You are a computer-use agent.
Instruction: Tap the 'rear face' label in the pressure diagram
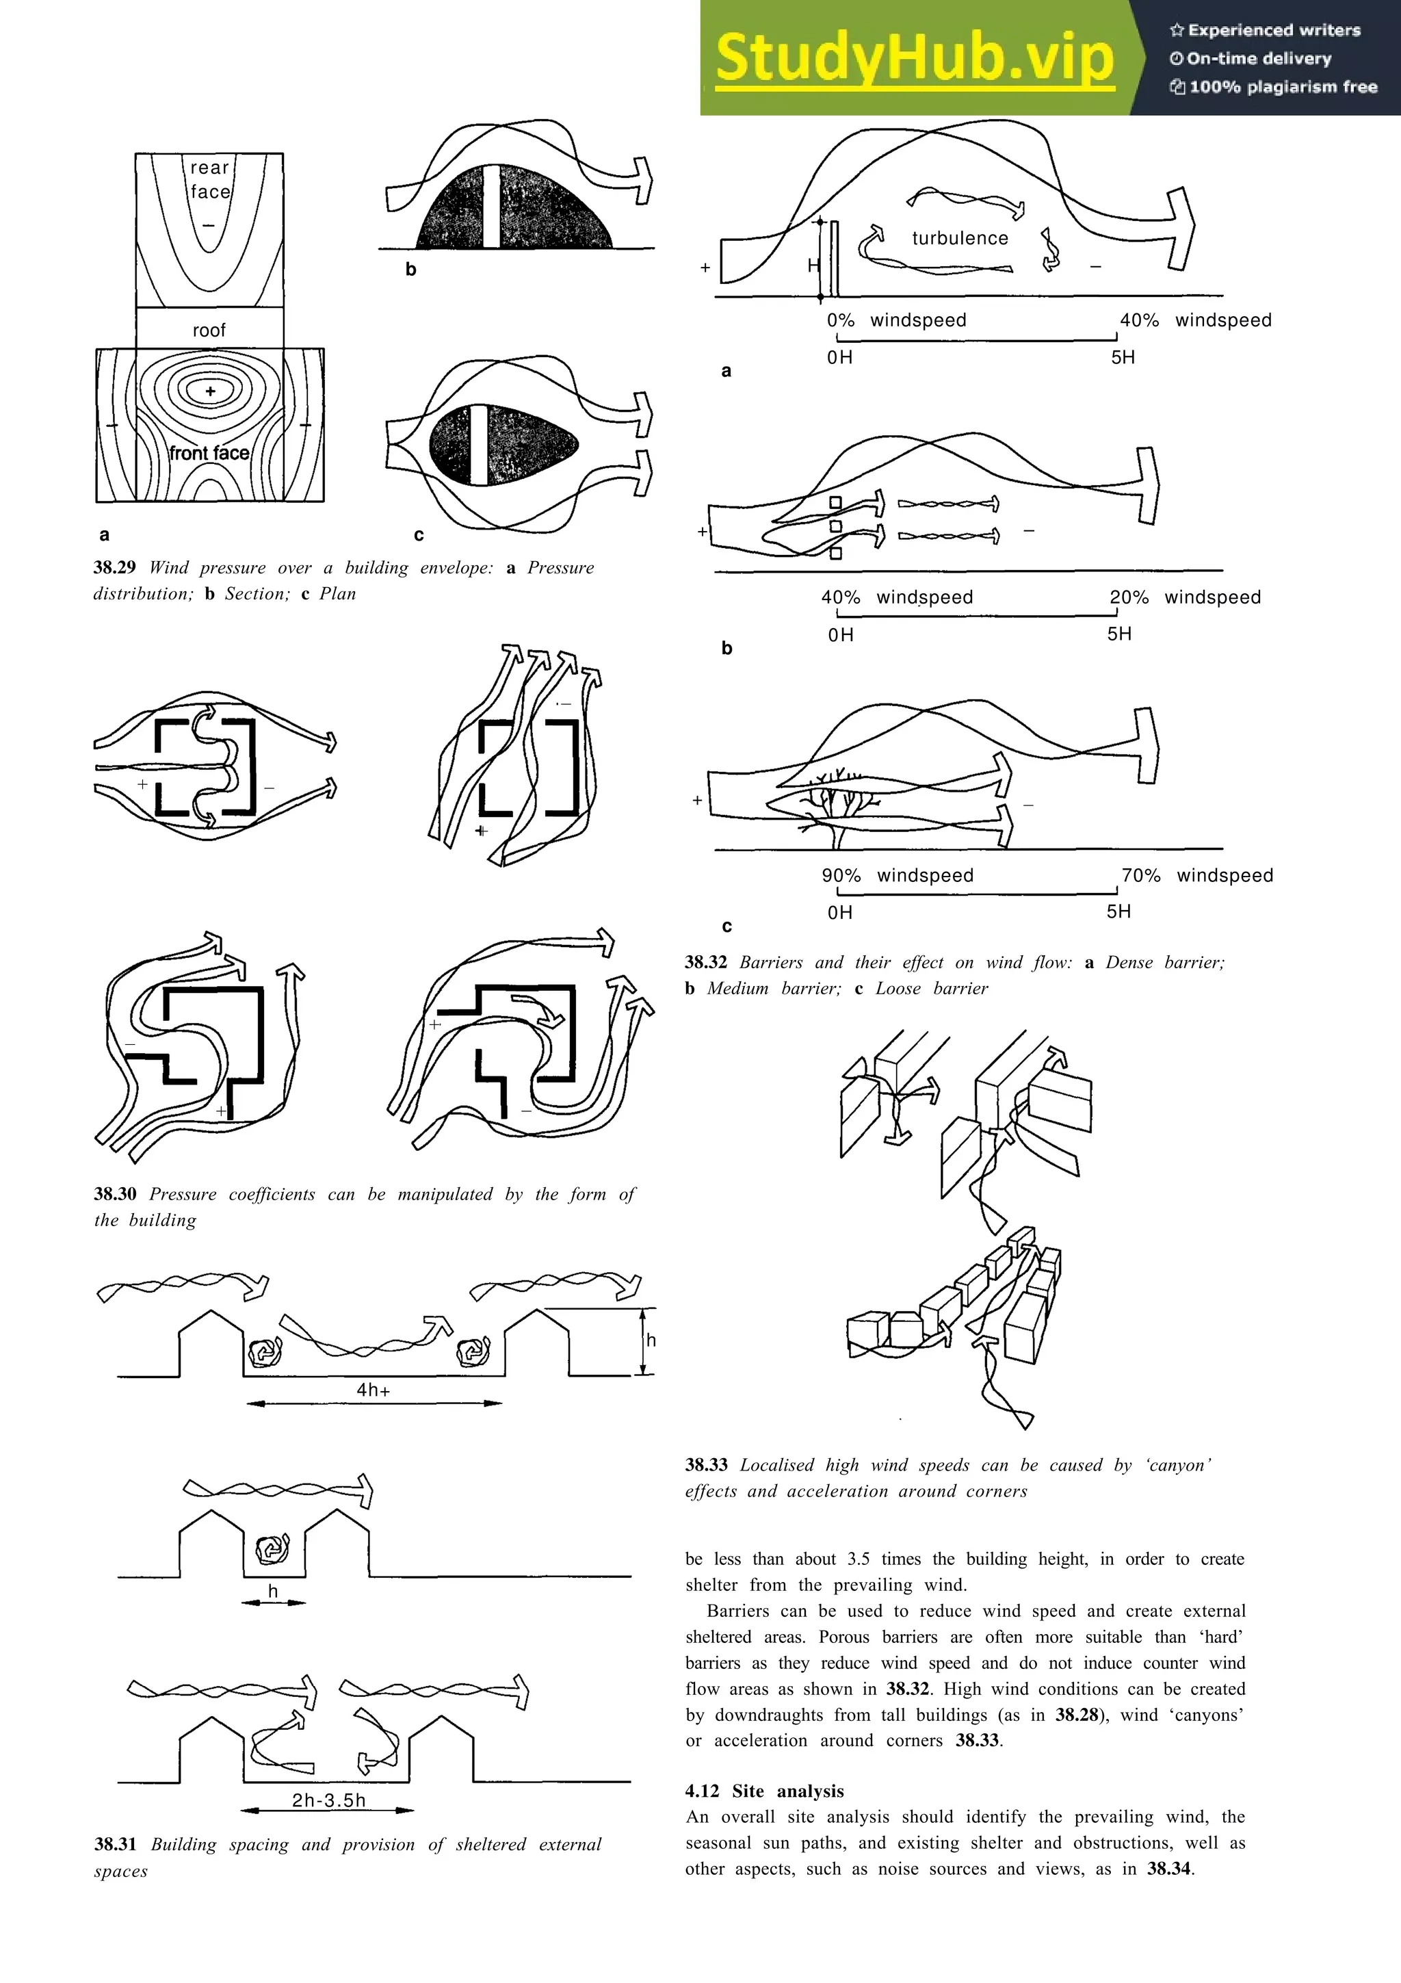pyautogui.click(x=210, y=179)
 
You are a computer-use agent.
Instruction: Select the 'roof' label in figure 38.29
pyautogui.click(x=209, y=330)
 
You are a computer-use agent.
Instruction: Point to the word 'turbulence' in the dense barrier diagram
pyautogui.click(x=960, y=238)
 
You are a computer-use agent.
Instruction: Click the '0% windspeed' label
pyautogui.click(x=896, y=320)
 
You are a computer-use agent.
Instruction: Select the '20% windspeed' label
pyautogui.click(x=1184, y=597)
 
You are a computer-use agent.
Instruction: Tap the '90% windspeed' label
pyautogui.click(x=897, y=876)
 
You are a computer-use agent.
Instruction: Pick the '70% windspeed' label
pyautogui.click(x=1196, y=876)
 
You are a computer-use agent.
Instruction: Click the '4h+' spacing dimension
pyautogui.click(x=373, y=1390)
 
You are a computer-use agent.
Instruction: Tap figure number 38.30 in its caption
pyautogui.click(x=115, y=1195)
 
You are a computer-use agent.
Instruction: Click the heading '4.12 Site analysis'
pyautogui.click(x=764, y=1791)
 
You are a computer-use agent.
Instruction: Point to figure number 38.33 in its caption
pyautogui.click(x=706, y=1465)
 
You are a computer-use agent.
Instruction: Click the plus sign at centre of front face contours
pyautogui.click(x=210, y=391)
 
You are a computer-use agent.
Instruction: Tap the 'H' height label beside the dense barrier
pyautogui.click(x=812, y=265)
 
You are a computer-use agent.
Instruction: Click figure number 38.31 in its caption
pyautogui.click(x=115, y=1845)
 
